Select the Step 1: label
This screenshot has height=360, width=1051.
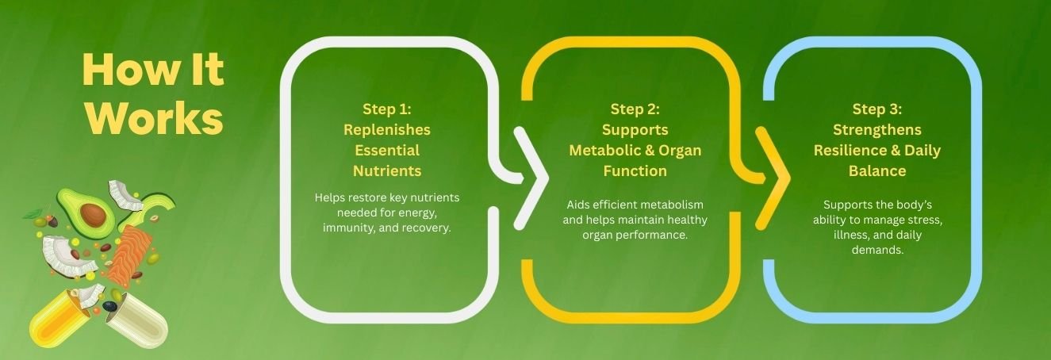click(x=386, y=109)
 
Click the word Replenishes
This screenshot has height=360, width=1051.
click(x=386, y=130)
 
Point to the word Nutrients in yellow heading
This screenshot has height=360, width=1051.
click(x=386, y=171)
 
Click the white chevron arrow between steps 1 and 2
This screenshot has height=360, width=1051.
click(x=531, y=178)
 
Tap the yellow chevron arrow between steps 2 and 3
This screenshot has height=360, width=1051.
click(x=773, y=178)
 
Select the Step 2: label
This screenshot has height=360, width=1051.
click(x=635, y=109)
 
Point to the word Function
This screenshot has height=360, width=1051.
click(x=635, y=171)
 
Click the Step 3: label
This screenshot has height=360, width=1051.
click(x=877, y=109)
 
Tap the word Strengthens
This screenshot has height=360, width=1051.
click(x=877, y=130)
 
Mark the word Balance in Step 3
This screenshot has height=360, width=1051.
click(x=877, y=171)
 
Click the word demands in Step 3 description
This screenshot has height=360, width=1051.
click(x=877, y=251)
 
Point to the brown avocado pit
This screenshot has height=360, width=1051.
click(x=93, y=214)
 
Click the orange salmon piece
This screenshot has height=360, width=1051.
click(x=130, y=255)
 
